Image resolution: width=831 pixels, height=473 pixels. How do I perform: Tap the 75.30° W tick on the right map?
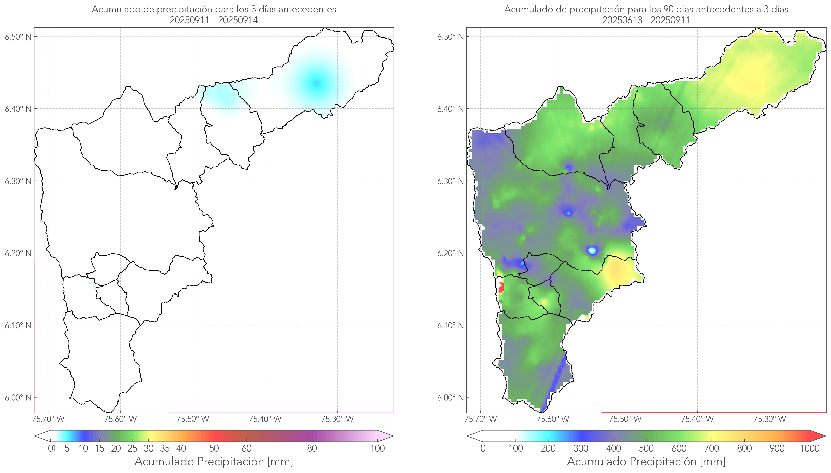(770, 419)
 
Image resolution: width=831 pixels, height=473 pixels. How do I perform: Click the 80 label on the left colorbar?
(312, 448)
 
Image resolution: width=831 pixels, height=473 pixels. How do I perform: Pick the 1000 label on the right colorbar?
(810, 448)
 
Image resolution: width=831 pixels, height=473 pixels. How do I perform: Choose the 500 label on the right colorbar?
(646, 448)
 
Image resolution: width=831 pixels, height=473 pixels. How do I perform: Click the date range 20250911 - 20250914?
(214, 20)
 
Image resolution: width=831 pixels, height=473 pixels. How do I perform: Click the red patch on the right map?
(501, 288)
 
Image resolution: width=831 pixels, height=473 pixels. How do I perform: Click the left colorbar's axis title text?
(214, 461)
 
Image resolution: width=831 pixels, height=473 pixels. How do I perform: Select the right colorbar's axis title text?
(646, 461)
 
